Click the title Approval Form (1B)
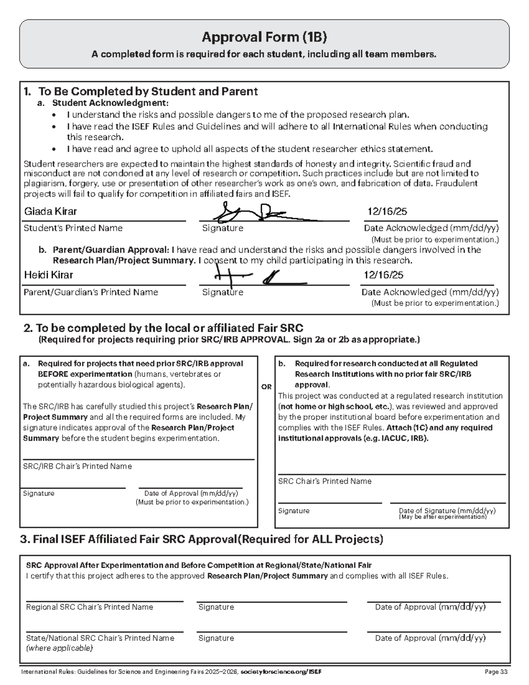point(264,37)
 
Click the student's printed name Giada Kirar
point(50,212)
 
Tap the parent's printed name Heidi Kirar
point(48,275)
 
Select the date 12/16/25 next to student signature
point(387,212)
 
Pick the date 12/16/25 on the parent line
point(383,275)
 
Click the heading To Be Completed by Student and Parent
point(148,91)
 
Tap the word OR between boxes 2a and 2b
point(266,387)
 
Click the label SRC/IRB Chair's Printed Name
point(77,466)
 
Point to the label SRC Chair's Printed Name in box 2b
point(324,481)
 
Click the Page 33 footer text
point(496,672)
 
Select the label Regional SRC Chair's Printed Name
point(89,607)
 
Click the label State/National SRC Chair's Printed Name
point(100,638)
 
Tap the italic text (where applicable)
point(60,648)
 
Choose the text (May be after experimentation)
point(443,517)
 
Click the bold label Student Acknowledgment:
point(110,103)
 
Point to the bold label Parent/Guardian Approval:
point(111,250)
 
